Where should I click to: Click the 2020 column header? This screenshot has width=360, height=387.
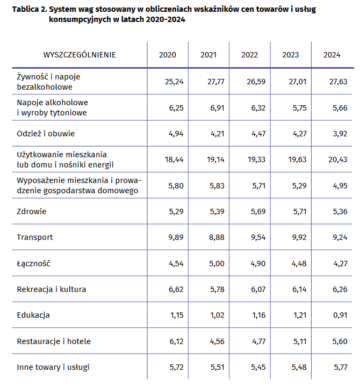[167, 55]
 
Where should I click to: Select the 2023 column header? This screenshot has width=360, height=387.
[290, 55]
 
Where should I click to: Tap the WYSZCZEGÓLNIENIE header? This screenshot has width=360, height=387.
[80, 55]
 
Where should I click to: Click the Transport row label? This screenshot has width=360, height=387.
[35, 237]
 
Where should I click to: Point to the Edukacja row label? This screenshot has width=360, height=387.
[33, 315]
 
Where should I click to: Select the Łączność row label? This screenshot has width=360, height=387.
[34, 264]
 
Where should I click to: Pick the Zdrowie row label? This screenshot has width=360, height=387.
[31, 211]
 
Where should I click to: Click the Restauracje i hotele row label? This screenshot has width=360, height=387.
[54, 341]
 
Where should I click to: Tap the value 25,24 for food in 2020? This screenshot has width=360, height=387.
[174, 82]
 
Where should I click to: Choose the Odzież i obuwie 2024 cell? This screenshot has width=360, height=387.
[340, 134]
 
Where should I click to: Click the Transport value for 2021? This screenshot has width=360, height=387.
[217, 237]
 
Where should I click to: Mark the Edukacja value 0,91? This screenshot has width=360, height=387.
[340, 315]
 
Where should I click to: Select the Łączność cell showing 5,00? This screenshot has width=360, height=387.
[217, 264]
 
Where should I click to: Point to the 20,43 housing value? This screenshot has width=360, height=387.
[338, 160]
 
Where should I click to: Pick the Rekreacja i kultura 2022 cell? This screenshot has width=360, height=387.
[258, 289]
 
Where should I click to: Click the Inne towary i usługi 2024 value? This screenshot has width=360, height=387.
[341, 367]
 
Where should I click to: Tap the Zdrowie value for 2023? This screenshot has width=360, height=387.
[300, 211]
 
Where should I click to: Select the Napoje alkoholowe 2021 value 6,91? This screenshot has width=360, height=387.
[217, 108]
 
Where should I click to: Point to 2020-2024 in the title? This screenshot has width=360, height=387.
[165, 19]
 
